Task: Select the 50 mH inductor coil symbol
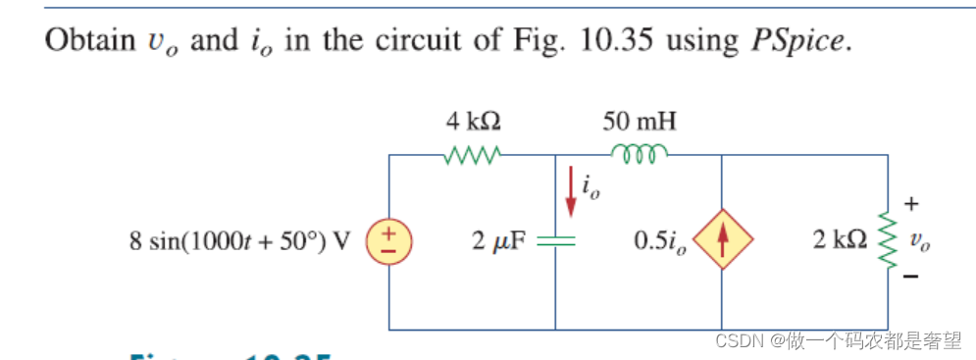click(x=639, y=152)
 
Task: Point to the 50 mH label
click(x=639, y=122)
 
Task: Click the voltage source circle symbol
click(x=389, y=241)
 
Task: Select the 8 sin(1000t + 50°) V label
click(x=240, y=241)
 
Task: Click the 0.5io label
click(x=664, y=241)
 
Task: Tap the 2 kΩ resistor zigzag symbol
click(x=889, y=241)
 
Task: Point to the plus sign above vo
click(x=911, y=205)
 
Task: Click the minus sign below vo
click(x=911, y=277)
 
